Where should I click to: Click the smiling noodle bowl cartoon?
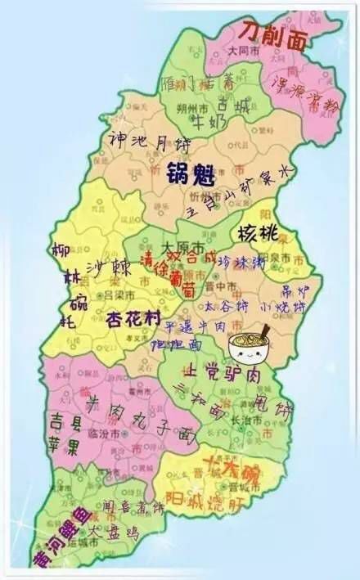(249, 347)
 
